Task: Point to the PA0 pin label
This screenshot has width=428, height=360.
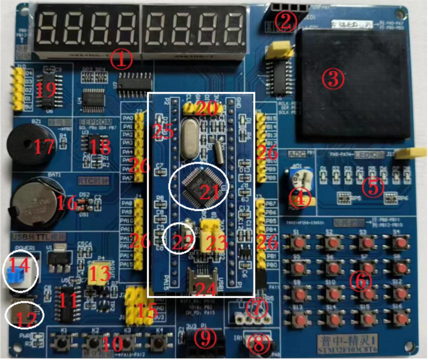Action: click(128, 118)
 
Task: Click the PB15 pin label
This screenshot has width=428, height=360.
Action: click(271, 118)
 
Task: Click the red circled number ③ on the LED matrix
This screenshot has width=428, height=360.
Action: click(333, 78)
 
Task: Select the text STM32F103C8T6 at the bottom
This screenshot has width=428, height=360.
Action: click(347, 350)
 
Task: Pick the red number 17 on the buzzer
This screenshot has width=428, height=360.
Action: click(44, 147)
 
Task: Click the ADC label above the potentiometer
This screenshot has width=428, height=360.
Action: click(297, 154)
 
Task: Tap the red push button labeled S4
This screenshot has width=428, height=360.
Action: click(400, 243)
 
